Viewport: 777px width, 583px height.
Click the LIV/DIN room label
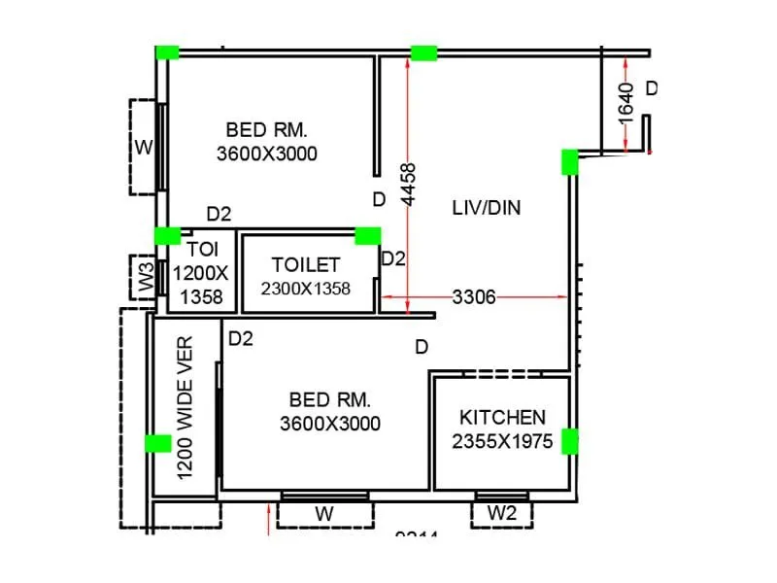point(487,207)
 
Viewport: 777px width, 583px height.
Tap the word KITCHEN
point(502,417)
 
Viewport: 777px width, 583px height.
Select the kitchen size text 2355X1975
point(502,441)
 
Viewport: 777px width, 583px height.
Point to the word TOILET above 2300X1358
point(306,264)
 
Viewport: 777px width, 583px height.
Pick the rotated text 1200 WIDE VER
point(186,408)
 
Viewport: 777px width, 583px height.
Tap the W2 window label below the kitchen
point(501,513)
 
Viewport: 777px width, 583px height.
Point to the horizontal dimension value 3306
point(474,298)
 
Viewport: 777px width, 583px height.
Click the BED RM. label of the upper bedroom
point(266,128)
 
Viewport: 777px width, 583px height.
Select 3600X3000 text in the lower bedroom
point(329,424)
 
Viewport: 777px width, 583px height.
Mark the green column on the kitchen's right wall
point(570,441)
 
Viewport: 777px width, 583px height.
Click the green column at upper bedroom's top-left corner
point(168,52)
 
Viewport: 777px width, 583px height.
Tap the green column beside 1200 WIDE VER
point(157,443)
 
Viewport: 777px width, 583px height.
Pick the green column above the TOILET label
point(367,235)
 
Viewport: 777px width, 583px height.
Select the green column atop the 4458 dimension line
point(423,52)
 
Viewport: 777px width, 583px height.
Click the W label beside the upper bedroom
point(144,148)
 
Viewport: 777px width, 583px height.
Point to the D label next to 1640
point(652,88)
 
